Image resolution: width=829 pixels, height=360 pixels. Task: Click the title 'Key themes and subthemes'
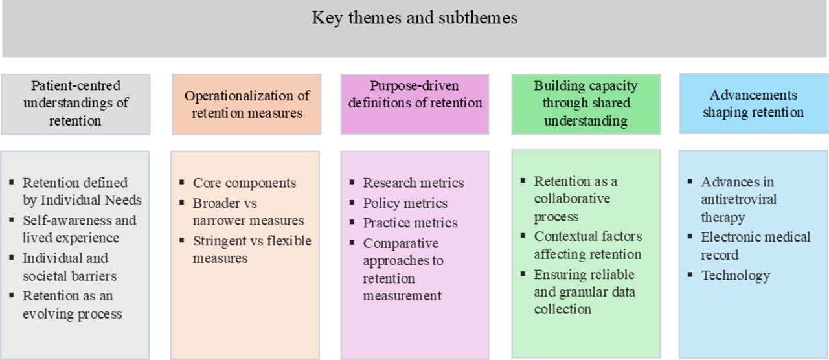pos(414,17)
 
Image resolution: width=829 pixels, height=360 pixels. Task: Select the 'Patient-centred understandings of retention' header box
pos(76,104)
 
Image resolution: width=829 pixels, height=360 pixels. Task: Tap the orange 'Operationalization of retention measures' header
pos(247,104)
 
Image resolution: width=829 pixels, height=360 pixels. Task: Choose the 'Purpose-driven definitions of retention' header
pos(415,104)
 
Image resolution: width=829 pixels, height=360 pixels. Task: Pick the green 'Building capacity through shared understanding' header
pos(586,104)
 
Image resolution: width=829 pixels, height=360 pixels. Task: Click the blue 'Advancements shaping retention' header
pos(754,104)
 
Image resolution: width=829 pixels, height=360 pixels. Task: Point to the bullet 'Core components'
pos(244,183)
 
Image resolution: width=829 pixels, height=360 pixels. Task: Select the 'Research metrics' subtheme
pos(413,183)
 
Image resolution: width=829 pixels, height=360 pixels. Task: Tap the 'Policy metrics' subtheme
pos(405,203)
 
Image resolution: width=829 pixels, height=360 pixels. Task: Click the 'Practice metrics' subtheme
pos(410,223)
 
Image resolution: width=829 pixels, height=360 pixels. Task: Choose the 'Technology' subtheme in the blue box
pos(735,276)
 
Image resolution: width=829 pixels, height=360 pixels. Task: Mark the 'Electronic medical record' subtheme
pos(755,245)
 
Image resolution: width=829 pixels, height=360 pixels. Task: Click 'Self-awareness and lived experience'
pos(79,229)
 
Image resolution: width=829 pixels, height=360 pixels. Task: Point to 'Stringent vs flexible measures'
pos(252,249)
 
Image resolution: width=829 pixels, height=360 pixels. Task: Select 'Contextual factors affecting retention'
pos(587,245)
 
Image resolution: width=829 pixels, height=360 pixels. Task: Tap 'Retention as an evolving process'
pos(72,304)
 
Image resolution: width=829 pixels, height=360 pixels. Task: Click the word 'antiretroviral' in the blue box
pos(739,200)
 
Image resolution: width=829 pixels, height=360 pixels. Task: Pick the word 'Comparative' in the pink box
pos(400,244)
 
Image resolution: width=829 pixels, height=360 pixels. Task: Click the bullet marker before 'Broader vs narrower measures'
pos(182,203)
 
